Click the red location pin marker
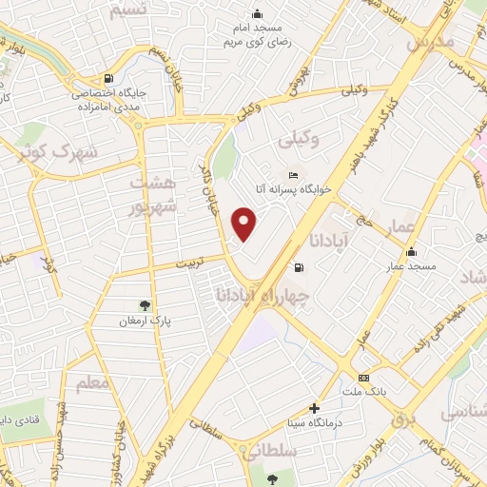click(x=245, y=224)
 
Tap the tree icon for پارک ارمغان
click(x=145, y=305)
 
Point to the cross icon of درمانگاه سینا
click(x=314, y=408)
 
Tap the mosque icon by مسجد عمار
click(x=411, y=252)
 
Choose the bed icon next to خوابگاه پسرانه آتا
click(x=293, y=176)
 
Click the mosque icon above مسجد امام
click(x=256, y=13)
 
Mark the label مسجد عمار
click(x=411, y=267)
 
